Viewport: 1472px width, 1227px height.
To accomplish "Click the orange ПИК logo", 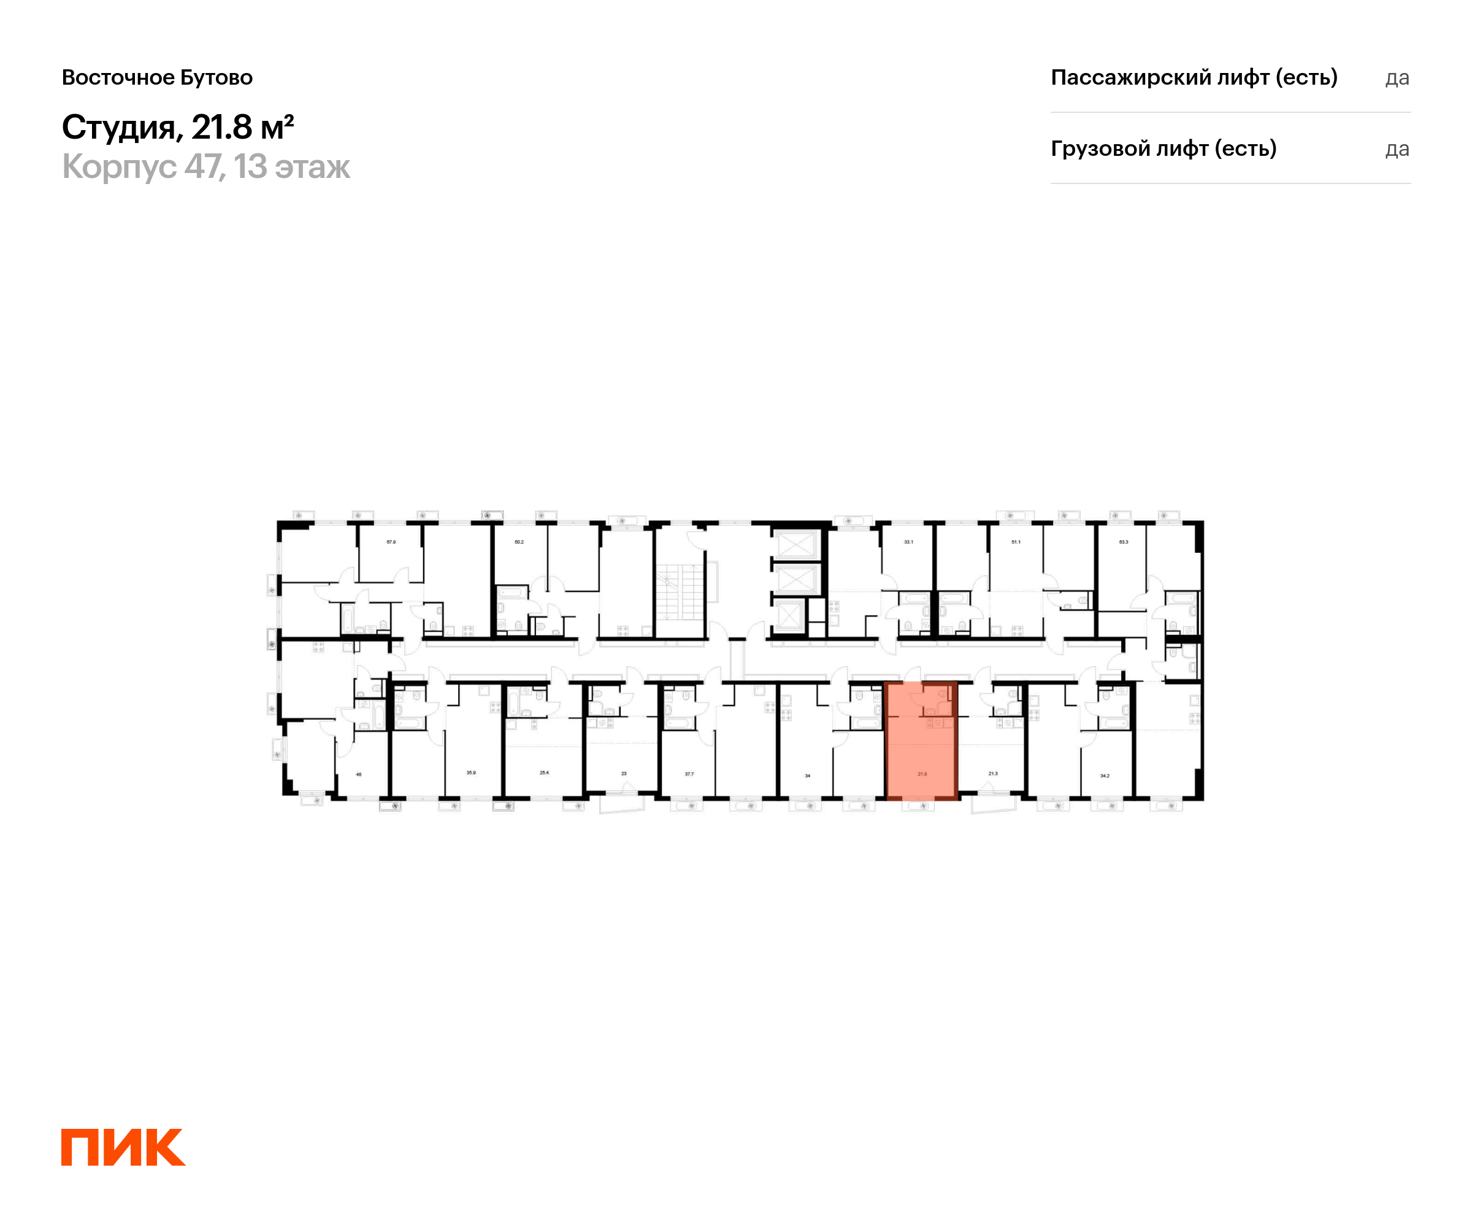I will tap(123, 1147).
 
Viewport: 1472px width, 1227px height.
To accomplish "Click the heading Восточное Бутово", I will tap(157, 77).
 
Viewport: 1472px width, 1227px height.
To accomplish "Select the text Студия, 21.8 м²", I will tap(177, 128).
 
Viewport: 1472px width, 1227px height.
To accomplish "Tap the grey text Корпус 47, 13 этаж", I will tap(205, 167).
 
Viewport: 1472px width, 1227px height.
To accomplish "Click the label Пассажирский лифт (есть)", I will tap(1194, 77).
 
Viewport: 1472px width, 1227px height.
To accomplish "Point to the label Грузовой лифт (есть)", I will tap(1163, 148).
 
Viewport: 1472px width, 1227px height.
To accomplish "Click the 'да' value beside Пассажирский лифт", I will tap(1397, 78).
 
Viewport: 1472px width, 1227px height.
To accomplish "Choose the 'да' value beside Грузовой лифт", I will tap(1397, 149).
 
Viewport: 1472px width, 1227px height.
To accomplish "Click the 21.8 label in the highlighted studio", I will tap(922, 774).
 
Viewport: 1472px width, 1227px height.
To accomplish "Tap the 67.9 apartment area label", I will tap(391, 542).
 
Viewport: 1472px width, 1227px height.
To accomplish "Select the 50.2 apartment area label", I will tap(519, 542).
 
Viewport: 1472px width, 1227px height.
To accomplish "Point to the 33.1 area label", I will tap(908, 542).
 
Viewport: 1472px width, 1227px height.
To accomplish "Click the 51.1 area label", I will tap(1016, 542).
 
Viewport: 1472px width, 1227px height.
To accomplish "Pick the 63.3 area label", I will tap(1124, 542).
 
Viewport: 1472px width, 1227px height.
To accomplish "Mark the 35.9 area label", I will tap(471, 772).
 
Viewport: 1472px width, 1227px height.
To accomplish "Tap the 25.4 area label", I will tap(544, 772).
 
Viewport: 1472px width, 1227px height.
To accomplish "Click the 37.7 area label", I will tap(689, 774).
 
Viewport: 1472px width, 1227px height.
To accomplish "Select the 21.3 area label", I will tap(992, 774).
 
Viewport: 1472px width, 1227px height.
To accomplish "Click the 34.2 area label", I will tap(1105, 775).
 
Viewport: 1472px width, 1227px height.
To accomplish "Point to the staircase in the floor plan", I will tap(679, 593).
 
